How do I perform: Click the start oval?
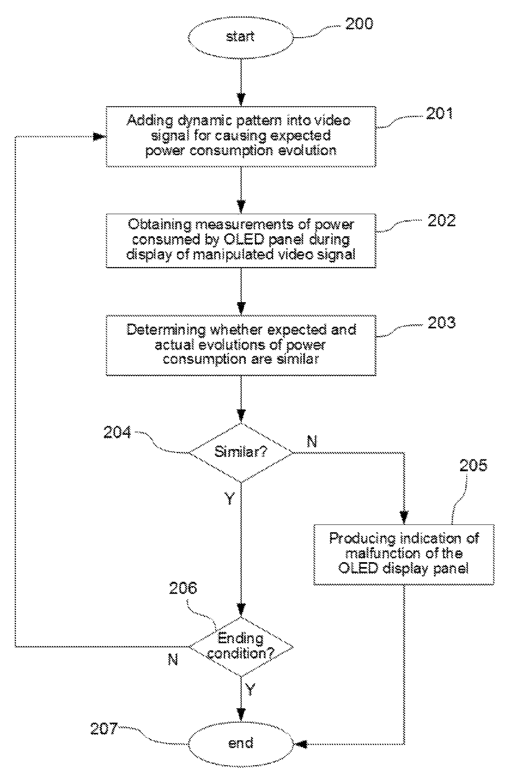click(x=240, y=36)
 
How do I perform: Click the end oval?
click(x=240, y=743)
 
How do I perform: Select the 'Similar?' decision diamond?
click(x=241, y=452)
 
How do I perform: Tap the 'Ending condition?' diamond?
click(x=241, y=646)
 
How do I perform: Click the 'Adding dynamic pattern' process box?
click(x=241, y=136)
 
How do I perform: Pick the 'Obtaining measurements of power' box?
click(x=241, y=240)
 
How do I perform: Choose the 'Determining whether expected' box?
click(x=241, y=345)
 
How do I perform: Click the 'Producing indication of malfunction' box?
click(x=404, y=554)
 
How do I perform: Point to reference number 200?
click(x=359, y=24)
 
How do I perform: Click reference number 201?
click(x=440, y=113)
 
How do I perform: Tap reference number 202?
click(x=441, y=221)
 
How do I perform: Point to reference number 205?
click(x=473, y=465)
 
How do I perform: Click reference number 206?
click(x=183, y=588)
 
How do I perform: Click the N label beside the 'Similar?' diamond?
click(x=312, y=441)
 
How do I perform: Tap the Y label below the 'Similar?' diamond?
click(x=230, y=498)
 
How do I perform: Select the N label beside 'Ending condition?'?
click(x=173, y=659)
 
